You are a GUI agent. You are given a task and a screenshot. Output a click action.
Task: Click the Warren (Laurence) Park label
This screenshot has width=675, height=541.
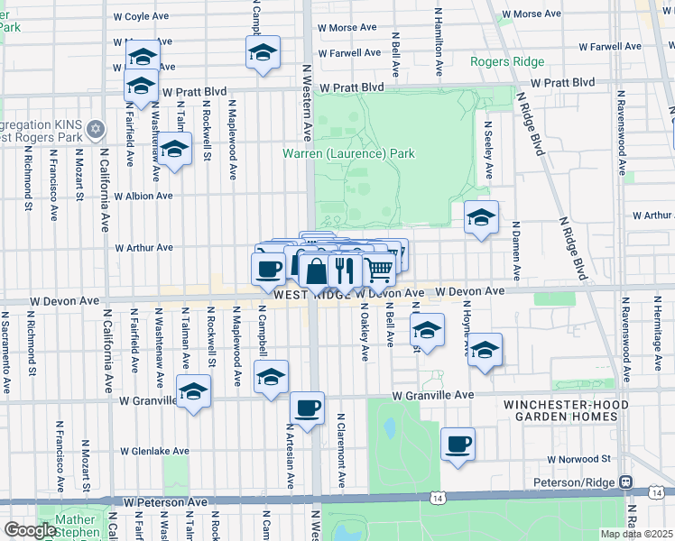coord(348,153)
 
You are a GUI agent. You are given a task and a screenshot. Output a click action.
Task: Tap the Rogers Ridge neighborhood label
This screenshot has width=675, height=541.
coord(507,61)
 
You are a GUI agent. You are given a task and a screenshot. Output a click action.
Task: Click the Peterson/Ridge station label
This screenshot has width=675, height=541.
coord(576,481)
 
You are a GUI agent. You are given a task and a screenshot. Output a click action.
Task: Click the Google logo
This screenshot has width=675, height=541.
coord(30,531)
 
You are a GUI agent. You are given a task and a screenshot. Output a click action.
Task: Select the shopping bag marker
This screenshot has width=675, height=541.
coord(317,270)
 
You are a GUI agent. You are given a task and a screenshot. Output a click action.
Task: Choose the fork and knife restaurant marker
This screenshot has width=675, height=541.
coord(345,268)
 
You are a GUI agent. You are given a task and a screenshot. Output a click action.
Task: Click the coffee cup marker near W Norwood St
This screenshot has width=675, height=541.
coord(458,444)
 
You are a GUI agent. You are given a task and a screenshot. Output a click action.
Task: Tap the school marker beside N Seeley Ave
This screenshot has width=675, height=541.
coord(481,217)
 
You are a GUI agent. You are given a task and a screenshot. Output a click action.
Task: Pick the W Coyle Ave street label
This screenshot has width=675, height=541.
coord(143,16)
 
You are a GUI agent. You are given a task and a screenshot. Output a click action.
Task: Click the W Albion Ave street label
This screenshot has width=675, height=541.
coord(143,196)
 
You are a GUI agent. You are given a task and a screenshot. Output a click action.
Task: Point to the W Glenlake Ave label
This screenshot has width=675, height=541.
coord(156,451)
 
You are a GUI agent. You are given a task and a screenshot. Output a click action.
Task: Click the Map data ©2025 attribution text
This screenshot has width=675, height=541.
coord(636,534)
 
